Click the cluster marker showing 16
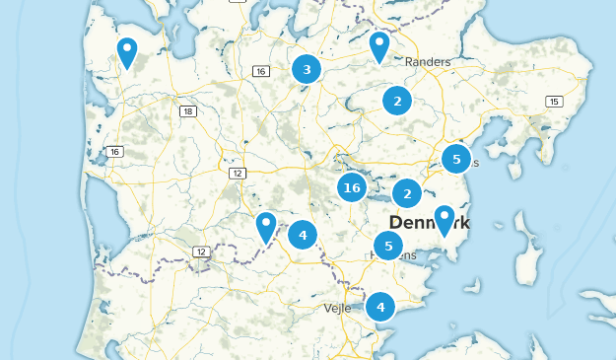click(x=352, y=186)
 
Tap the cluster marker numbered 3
click(x=307, y=69)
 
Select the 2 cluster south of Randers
click(x=396, y=100)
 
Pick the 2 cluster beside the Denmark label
click(x=407, y=193)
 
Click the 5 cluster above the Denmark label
click(x=455, y=158)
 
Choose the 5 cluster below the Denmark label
click(x=388, y=246)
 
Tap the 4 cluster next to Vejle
click(x=380, y=307)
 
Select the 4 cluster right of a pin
click(x=303, y=235)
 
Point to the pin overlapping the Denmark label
click(x=445, y=219)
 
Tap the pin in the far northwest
click(x=127, y=51)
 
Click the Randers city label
click(x=428, y=62)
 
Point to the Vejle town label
click(x=337, y=308)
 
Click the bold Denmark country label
click(x=430, y=223)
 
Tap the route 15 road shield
click(x=555, y=102)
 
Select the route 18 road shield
click(x=187, y=111)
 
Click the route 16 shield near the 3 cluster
click(x=260, y=71)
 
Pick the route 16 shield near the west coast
click(x=115, y=151)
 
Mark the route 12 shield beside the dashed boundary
click(x=201, y=252)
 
